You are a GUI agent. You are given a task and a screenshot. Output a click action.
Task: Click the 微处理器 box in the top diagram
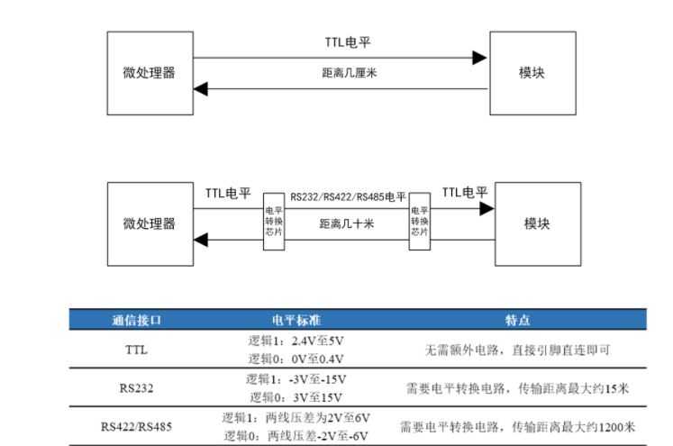[x=150, y=73]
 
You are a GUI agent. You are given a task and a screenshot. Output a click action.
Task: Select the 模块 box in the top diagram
[x=532, y=73]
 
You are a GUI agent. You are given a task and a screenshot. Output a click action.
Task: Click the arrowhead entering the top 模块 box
[x=481, y=58]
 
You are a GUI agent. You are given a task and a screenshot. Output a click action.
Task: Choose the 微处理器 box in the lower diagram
[x=150, y=223]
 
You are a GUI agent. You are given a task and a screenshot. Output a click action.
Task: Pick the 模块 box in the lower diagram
[x=537, y=223]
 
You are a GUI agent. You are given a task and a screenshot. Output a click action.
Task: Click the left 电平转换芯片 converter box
[x=273, y=221]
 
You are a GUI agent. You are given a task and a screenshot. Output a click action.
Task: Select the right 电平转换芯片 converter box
[x=419, y=221]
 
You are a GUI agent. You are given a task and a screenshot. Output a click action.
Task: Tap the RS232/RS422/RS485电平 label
[x=348, y=196]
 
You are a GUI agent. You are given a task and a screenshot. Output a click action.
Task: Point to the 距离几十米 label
[x=346, y=224]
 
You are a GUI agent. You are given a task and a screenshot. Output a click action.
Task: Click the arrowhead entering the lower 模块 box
[x=487, y=209]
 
